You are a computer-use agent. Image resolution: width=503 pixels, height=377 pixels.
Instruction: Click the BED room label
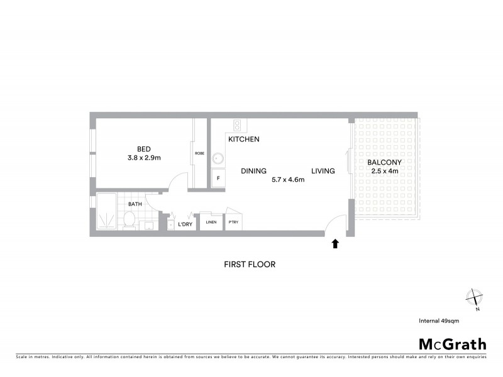point(144,149)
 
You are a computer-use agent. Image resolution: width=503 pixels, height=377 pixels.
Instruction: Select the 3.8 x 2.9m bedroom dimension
point(144,158)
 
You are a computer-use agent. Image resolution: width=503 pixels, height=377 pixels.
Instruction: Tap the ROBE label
point(199,153)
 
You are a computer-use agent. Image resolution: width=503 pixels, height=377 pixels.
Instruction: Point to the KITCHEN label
point(244,139)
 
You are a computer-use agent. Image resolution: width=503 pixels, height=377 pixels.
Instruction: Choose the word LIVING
point(323,170)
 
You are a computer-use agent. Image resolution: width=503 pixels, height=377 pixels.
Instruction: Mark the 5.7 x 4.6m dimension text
point(288,180)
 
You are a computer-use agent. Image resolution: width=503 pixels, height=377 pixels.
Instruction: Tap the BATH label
point(135,204)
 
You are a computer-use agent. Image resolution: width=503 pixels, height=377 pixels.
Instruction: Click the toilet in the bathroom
point(130,220)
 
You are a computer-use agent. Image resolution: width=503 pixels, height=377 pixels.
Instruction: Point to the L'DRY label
point(185,224)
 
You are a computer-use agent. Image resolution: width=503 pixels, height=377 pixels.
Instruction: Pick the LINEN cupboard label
point(211,222)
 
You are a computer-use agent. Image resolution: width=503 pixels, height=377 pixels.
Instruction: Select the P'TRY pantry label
point(233,222)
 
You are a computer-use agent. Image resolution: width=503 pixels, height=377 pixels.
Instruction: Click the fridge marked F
point(218,178)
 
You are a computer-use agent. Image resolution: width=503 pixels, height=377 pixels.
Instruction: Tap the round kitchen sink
point(218,158)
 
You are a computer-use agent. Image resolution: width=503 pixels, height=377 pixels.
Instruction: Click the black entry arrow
point(335,244)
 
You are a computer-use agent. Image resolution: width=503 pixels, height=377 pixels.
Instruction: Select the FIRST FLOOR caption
point(250,265)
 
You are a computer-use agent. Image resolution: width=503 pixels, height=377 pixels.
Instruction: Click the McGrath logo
point(452,344)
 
